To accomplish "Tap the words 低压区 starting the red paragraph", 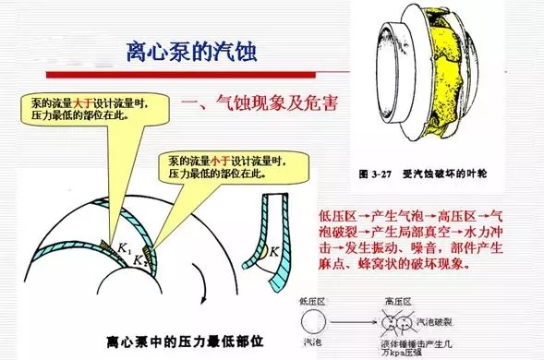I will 335,215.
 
